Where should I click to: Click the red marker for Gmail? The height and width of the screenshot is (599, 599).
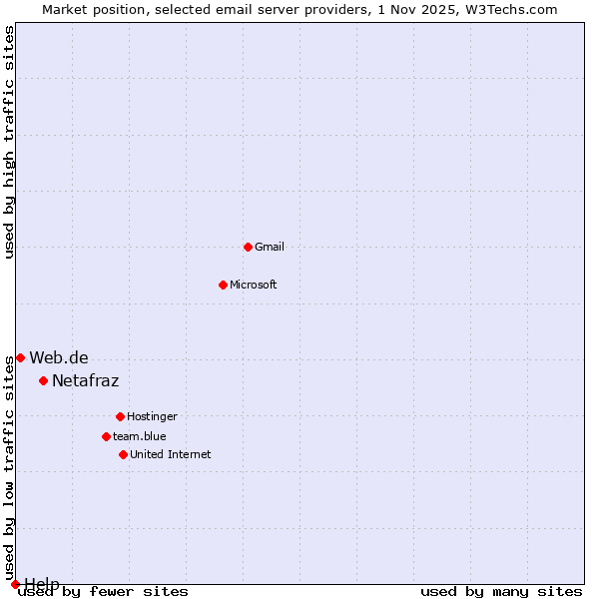[248, 247]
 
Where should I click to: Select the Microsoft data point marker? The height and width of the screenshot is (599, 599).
[223, 285]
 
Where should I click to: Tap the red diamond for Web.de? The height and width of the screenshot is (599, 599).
[20, 357]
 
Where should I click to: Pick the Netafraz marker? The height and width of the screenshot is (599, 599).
[43, 380]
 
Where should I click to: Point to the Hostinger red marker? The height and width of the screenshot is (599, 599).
[120, 416]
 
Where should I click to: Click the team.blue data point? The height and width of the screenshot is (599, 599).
[106, 436]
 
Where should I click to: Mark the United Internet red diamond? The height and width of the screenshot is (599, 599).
[123, 454]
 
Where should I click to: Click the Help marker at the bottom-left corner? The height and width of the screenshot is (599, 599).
[15, 584]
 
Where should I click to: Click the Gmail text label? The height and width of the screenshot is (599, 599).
[270, 247]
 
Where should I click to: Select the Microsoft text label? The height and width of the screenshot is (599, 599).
[254, 285]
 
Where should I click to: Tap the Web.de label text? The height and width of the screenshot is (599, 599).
[59, 357]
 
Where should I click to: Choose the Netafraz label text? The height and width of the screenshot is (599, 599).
[86, 380]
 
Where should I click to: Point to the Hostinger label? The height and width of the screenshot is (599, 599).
[152, 416]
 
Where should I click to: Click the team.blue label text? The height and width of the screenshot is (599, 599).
[140, 436]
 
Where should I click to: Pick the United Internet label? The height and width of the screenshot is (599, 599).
[171, 454]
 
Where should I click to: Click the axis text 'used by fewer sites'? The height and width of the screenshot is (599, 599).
[104, 592]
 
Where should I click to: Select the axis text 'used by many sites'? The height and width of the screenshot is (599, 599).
[501, 592]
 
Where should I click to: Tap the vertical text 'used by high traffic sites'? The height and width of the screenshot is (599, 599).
[10, 142]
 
